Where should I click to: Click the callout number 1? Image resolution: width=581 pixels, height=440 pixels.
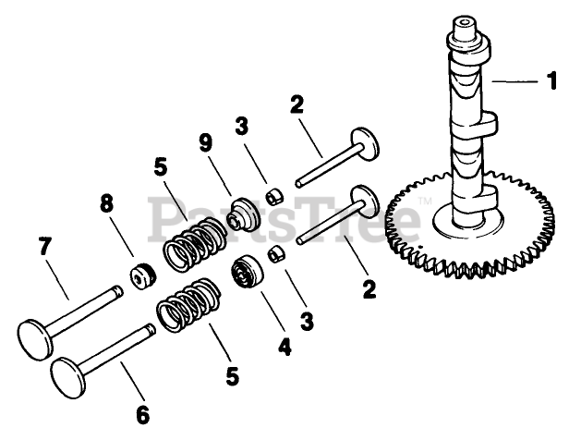[551, 81]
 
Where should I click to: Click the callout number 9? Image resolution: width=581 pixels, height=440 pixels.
[205, 143]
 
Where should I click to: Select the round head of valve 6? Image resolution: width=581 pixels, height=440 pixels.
[69, 376]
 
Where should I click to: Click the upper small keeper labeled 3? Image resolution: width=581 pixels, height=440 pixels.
[272, 197]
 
